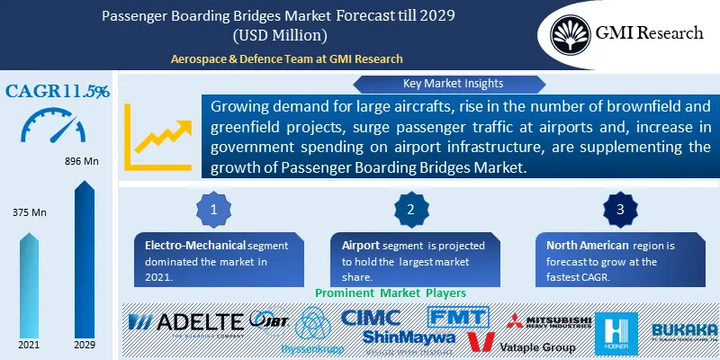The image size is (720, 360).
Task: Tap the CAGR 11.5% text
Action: pyautogui.click(x=58, y=92)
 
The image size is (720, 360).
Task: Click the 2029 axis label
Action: pyautogui.click(x=84, y=345)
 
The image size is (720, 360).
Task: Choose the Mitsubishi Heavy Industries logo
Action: pyautogui.click(x=548, y=324)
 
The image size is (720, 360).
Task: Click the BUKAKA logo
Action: pyautogui.click(x=684, y=331)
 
